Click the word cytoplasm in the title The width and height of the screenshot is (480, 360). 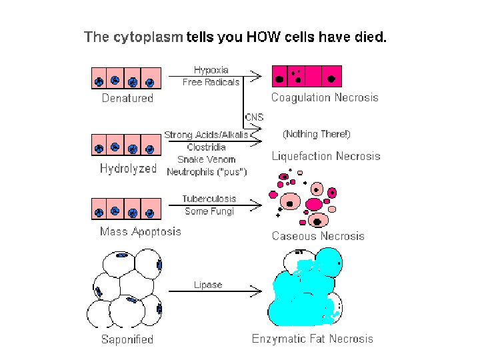(147, 37)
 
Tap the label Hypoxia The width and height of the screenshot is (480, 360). (211, 69)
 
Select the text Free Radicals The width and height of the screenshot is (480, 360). (211, 82)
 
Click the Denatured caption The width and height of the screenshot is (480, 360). (127, 98)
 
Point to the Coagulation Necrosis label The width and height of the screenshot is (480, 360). (325, 97)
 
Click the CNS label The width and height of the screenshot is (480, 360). (254, 117)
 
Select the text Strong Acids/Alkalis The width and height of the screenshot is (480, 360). (206, 134)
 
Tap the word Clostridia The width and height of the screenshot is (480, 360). (206, 147)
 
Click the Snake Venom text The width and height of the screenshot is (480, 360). (206, 159)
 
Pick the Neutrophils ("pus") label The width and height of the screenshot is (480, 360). (207, 172)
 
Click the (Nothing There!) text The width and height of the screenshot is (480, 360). (317, 134)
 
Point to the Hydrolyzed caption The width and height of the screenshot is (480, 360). (128, 169)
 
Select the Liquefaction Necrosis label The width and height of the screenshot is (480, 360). (326, 157)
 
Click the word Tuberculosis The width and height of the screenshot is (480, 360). (209, 199)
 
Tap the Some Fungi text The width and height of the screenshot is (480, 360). (209, 211)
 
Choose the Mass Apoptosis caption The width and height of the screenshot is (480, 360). (140, 231)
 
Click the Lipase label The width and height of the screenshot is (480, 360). (208, 285)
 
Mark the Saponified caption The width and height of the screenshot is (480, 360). (127, 339)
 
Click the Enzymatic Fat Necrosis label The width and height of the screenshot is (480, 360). (313, 339)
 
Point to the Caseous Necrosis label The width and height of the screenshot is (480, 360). (318, 236)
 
